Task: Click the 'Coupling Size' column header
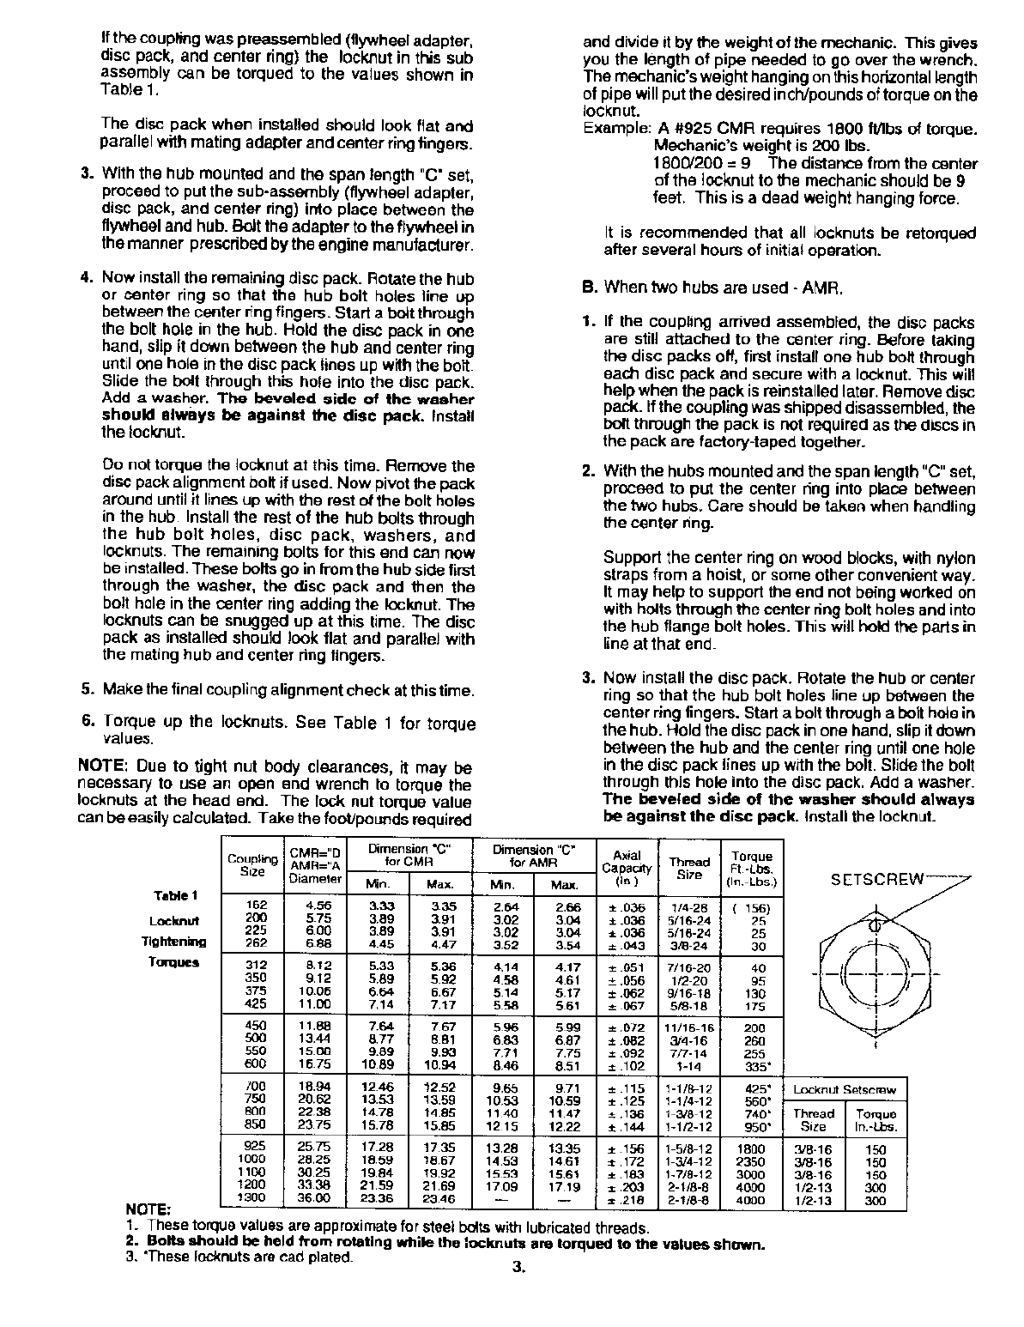pyautogui.click(x=252, y=865)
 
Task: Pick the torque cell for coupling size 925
pyautogui.click(x=751, y=1147)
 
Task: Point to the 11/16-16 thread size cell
pyautogui.click(x=689, y=1027)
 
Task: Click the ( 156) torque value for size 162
pyautogui.click(x=751, y=908)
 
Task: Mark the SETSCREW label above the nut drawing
pyautogui.click(x=876, y=878)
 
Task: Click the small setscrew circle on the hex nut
pyautogui.click(x=875, y=926)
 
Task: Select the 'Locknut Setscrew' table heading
pyautogui.click(x=845, y=1090)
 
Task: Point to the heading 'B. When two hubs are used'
pyautogui.click(x=712, y=287)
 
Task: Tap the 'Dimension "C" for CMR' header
pyautogui.click(x=409, y=855)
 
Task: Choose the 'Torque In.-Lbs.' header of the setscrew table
pyautogui.click(x=876, y=1120)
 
